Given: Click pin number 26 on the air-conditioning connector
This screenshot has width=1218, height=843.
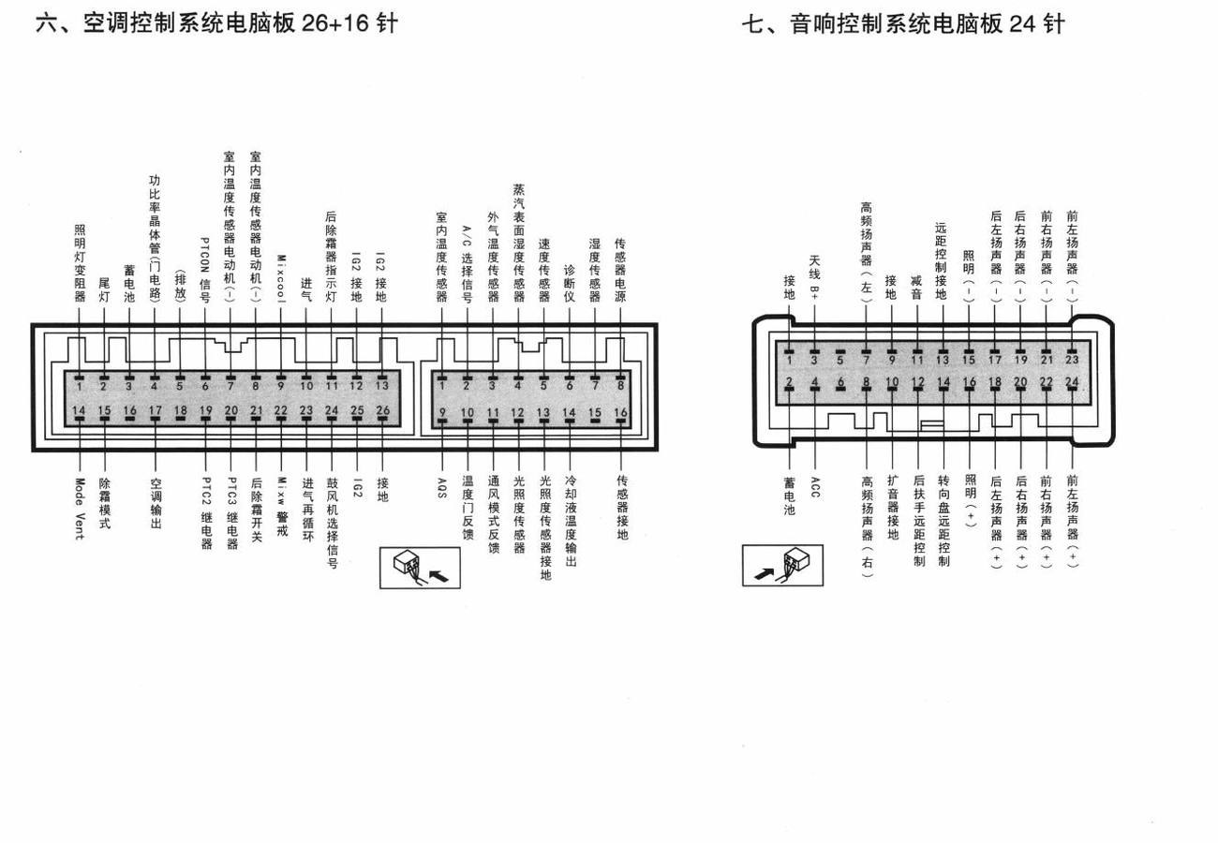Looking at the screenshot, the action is (383, 410).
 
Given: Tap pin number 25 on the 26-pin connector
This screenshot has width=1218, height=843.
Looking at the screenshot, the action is (357, 410).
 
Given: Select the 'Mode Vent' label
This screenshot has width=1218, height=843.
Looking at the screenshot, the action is (80, 509).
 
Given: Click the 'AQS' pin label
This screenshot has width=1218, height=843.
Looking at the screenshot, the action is (442, 488).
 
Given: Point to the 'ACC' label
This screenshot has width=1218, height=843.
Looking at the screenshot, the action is (814, 487).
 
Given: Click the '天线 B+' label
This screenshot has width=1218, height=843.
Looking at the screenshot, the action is (814, 277).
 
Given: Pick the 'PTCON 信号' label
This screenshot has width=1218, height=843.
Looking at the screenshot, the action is (205, 270).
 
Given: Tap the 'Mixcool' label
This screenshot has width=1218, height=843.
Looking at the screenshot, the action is (281, 279).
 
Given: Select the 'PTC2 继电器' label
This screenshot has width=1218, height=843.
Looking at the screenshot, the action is (206, 513).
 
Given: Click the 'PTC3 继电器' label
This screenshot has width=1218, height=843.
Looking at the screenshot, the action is (231, 513).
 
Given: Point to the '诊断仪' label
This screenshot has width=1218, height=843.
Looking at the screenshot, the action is (570, 283).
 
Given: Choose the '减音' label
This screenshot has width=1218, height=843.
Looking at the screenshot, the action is (916, 288).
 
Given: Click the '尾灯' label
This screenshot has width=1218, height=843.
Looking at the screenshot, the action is (104, 289).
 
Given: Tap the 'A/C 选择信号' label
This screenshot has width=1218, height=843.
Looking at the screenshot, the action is (468, 264).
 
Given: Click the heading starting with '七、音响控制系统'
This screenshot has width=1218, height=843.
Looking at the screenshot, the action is (903, 24).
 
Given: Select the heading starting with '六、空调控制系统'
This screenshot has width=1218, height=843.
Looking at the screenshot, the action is (217, 24).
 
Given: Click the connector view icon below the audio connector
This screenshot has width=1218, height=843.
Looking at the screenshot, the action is (782, 565).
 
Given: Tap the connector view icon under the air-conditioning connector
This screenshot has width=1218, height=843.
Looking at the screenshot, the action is (420, 568).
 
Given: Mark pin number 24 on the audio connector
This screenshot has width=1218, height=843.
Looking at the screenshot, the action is (1072, 381).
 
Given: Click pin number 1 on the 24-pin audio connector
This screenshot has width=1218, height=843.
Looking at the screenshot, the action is (789, 360).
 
